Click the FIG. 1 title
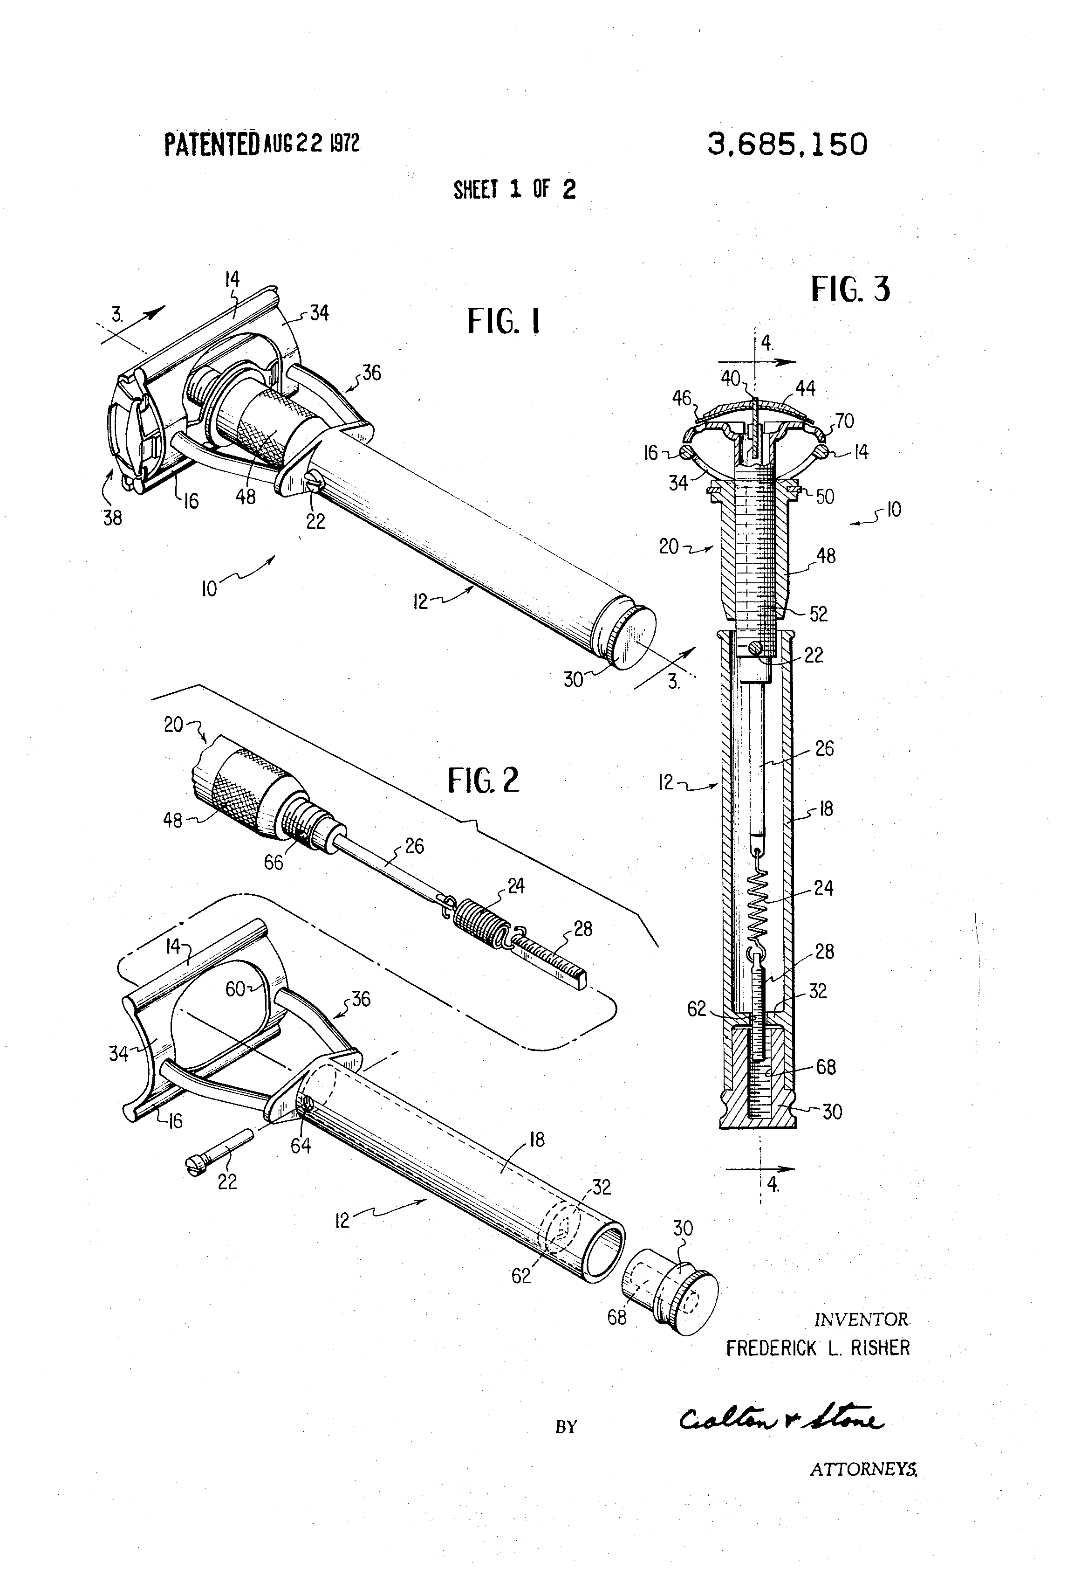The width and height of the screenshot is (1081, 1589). (x=504, y=321)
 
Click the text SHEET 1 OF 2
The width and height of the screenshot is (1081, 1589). (x=514, y=189)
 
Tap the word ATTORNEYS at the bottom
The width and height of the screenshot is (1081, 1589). (x=863, y=1488)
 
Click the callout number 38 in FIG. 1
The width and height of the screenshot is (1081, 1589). (x=113, y=518)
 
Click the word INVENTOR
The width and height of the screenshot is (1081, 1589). (x=861, y=1320)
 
